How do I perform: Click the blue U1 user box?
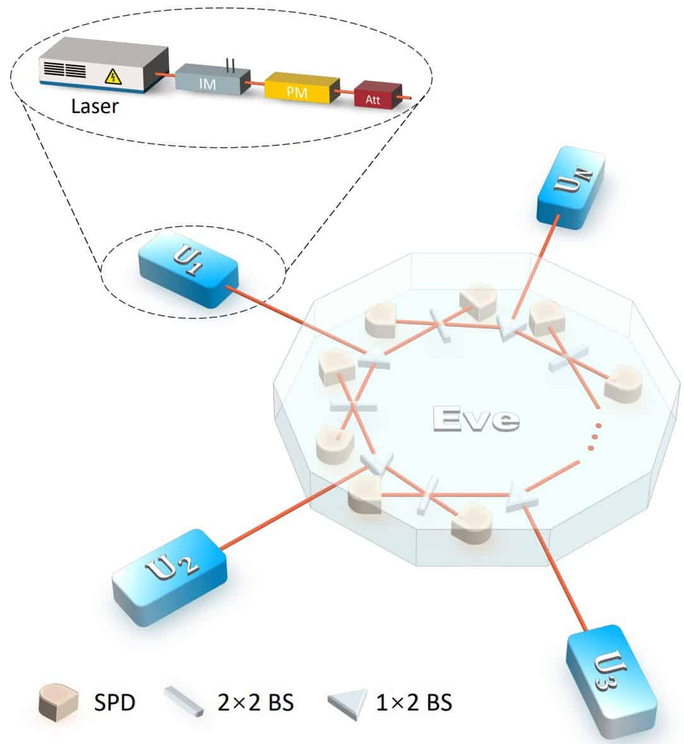pos(188,268)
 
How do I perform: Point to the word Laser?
pos(95,105)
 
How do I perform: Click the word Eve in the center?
pos(476,419)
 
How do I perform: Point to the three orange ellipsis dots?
pos(593,436)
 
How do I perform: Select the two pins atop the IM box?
pos(231,64)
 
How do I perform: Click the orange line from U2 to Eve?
pos(290,512)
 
